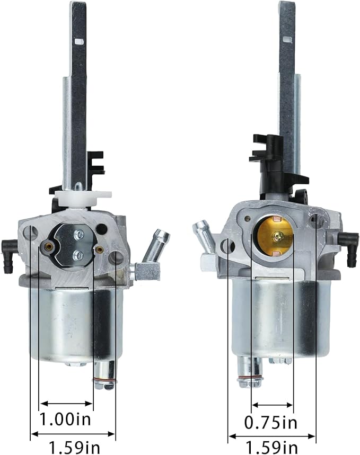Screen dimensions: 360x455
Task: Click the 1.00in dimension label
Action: coord(65,420)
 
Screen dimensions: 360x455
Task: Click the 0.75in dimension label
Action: coord(271,423)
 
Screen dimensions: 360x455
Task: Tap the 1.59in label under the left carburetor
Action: coord(74,448)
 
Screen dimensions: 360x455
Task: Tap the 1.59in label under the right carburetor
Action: coord(271,448)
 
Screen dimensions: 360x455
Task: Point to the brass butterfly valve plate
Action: coord(274,236)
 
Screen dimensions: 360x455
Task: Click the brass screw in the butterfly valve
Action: coord(277,237)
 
